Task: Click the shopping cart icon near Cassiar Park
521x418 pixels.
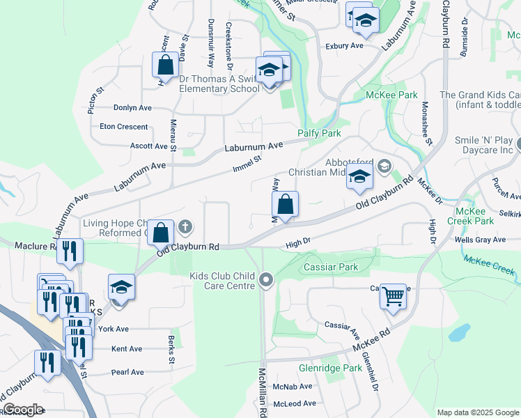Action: [x=394, y=297]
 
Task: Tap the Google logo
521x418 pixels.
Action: [x=22, y=410]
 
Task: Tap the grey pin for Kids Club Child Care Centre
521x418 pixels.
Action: [x=265, y=281]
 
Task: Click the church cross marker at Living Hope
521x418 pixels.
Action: [x=185, y=226]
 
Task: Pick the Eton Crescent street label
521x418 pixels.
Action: [x=124, y=127]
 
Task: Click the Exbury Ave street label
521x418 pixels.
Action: [x=345, y=46]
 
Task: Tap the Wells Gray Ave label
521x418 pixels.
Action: [x=479, y=240]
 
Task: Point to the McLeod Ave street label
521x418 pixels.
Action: [x=293, y=403]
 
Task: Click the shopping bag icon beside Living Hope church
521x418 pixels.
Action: [x=161, y=231]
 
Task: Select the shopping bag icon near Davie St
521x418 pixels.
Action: [x=166, y=65]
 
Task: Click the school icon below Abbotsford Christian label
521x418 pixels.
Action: [x=359, y=179]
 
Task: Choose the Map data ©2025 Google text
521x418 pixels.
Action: [x=478, y=412]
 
